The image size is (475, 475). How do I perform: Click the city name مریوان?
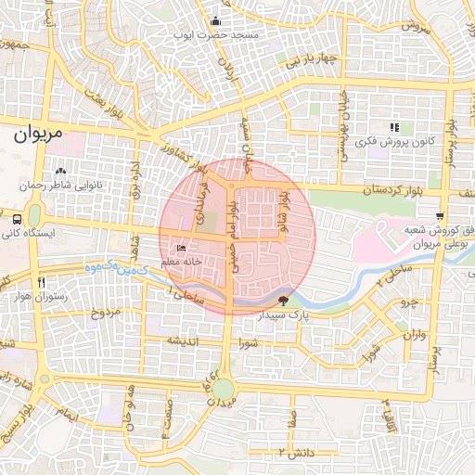click(x=41, y=134)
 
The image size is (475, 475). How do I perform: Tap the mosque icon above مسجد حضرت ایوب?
click(x=215, y=21)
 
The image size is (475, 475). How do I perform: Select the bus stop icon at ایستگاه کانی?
click(x=19, y=219)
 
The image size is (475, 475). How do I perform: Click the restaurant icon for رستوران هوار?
click(x=40, y=282)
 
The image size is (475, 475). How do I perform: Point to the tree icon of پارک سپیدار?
click(x=283, y=300)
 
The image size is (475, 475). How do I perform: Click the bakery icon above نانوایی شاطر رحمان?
click(x=60, y=172)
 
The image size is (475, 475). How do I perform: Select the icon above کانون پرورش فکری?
click(x=394, y=127)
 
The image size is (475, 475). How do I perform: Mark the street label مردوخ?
click(x=104, y=313)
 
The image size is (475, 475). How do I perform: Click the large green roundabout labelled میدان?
click(x=223, y=389)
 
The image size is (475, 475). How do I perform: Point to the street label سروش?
click(x=416, y=27)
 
